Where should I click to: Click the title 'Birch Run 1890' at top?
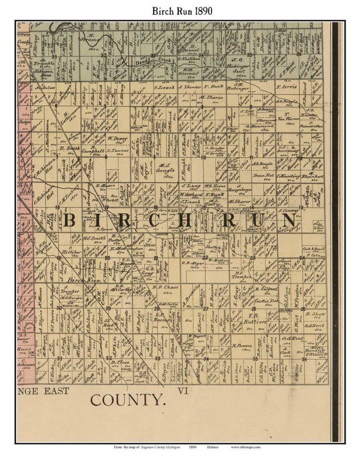pyautogui.click(x=182, y=11)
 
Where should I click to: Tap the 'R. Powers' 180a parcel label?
pyautogui.click(x=242, y=345)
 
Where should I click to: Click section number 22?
pyautogui.click(x=205, y=257)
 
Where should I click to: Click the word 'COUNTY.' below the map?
pyautogui.click(x=128, y=400)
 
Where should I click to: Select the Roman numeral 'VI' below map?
pyautogui.click(x=184, y=391)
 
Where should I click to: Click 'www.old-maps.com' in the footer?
pyautogui.click(x=245, y=447)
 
